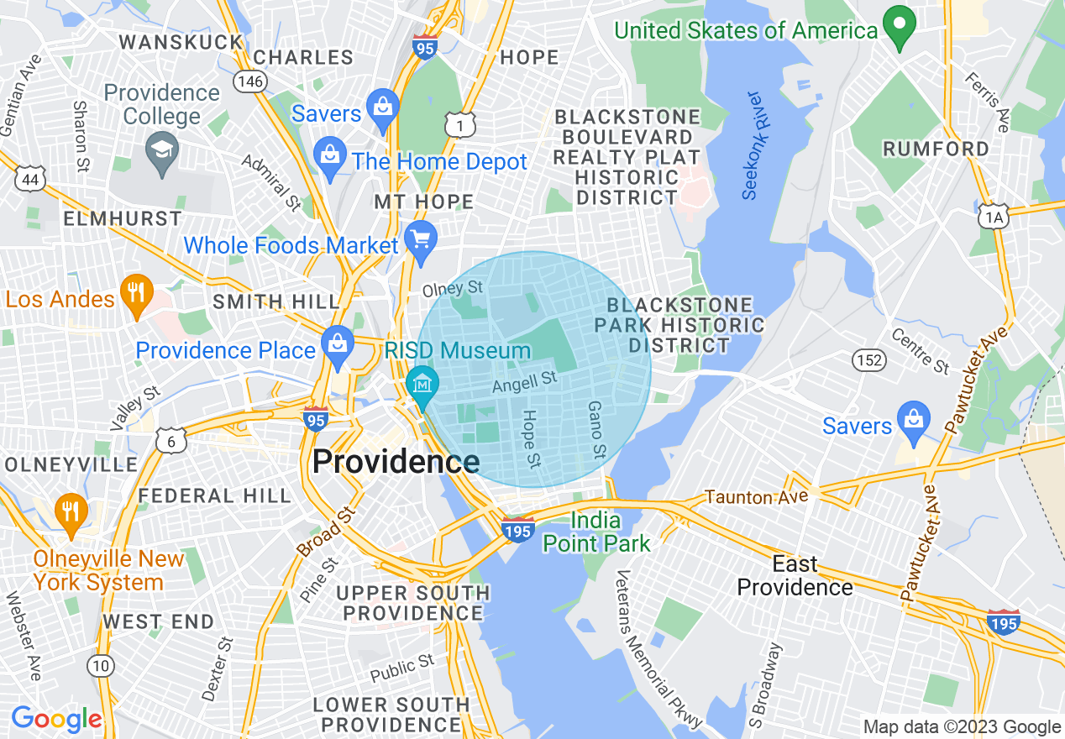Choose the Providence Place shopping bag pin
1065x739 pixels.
click(x=338, y=346)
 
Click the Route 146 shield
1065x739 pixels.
click(x=251, y=81)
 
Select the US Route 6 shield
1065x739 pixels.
click(x=171, y=441)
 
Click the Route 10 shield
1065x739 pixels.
click(x=100, y=666)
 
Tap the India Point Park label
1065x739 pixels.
click(x=596, y=532)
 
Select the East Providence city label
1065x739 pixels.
click(x=795, y=575)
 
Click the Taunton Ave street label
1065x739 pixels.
click(x=756, y=497)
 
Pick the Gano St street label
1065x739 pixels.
click(x=596, y=429)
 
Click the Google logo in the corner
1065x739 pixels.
click(x=55, y=719)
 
